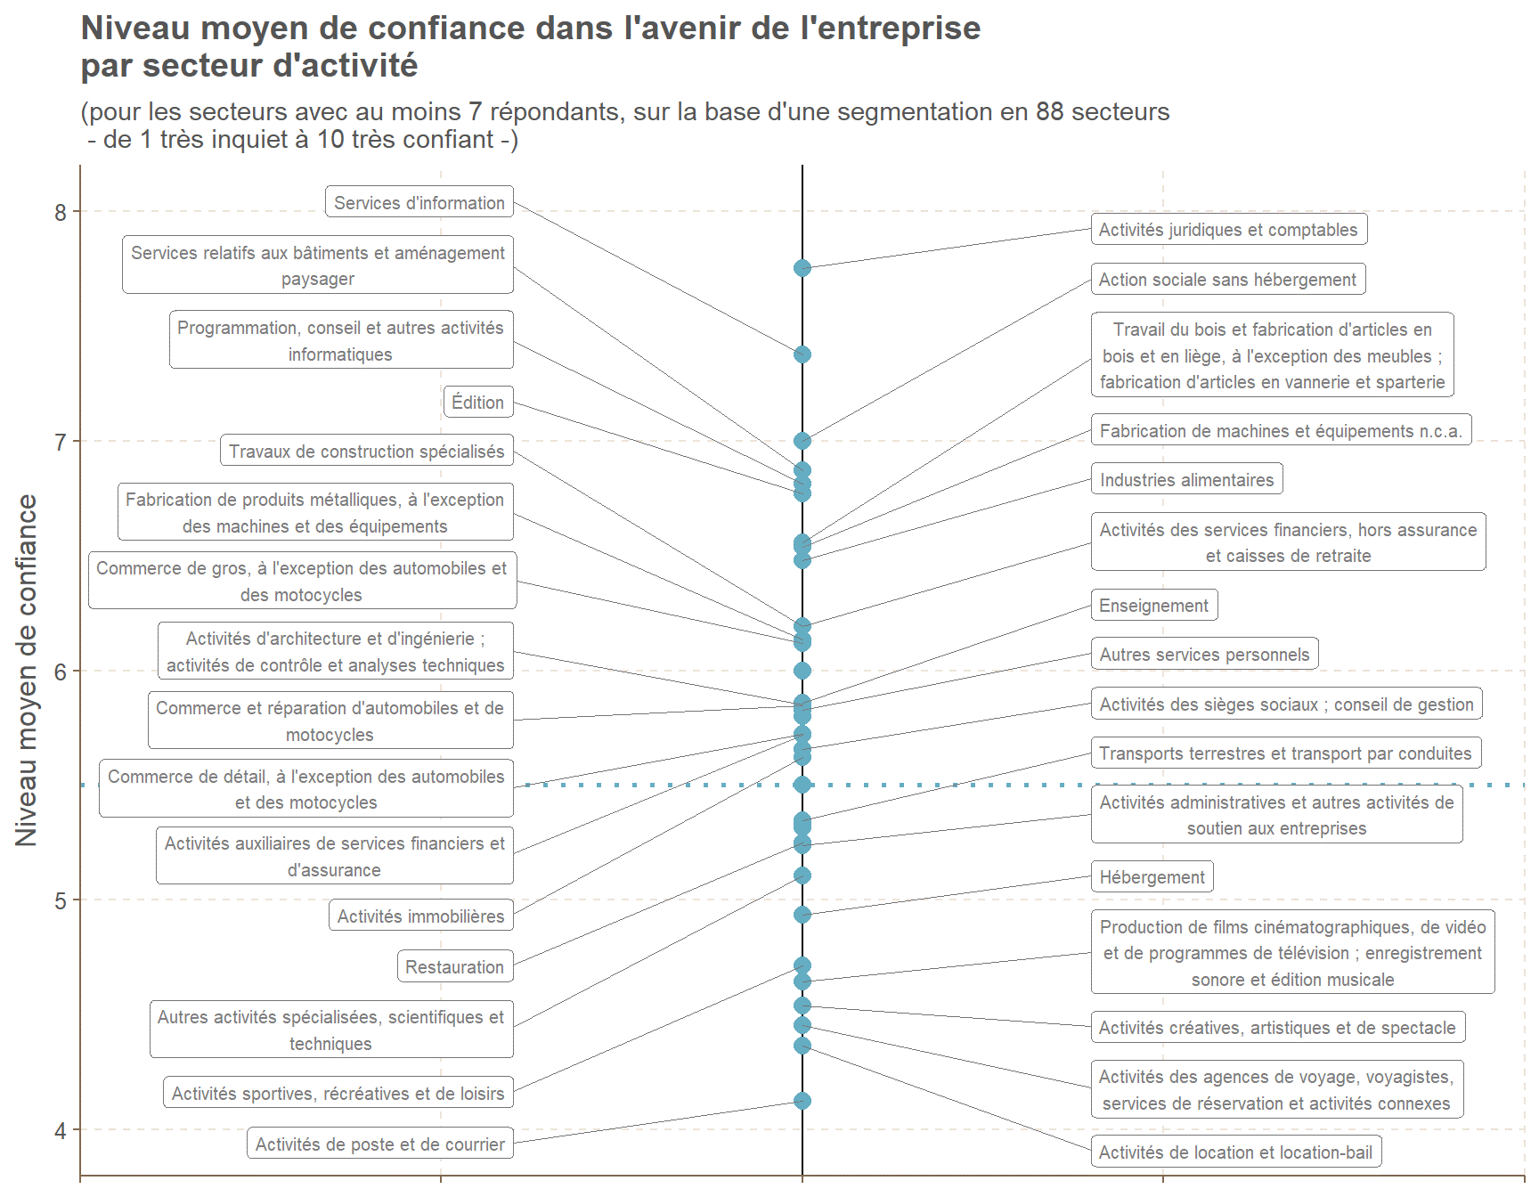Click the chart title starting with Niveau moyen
(531, 46)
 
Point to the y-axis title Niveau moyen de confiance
(27, 670)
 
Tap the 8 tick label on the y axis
(61, 212)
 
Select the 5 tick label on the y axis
(61, 900)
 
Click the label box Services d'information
(419, 202)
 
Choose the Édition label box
(478, 402)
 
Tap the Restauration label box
(455, 966)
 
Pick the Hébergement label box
(1152, 876)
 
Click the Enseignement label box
(1154, 605)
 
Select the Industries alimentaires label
(1187, 479)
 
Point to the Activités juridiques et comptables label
(1229, 229)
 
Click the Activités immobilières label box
(421, 916)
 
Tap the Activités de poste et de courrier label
(380, 1144)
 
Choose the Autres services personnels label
(1205, 654)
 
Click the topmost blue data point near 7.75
(802, 268)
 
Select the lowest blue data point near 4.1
(802, 1101)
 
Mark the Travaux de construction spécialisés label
(367, 451)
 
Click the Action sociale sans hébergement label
(1228, 279)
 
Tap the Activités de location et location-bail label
(1236, 1152)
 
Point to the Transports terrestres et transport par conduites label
(1286, 753)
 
